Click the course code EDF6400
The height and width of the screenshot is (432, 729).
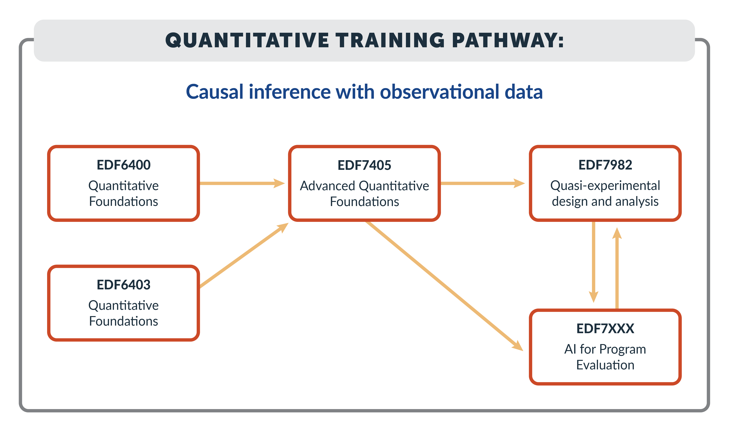click(124, 165)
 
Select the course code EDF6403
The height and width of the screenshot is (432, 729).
click(124, 285)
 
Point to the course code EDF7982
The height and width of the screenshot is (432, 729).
click(605, 165)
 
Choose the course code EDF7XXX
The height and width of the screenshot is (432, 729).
click(605, 329)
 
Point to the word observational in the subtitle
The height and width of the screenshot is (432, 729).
click(440, 92)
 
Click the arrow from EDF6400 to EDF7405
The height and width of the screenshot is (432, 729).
click(242, 183)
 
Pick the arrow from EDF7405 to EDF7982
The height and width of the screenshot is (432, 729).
click(483, 183)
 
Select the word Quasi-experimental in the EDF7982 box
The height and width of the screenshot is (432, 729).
click(605, 186)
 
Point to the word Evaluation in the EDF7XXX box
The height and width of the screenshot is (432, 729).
click(605, 365)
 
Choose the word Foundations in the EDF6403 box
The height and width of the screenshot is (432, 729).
click(124, 321)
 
